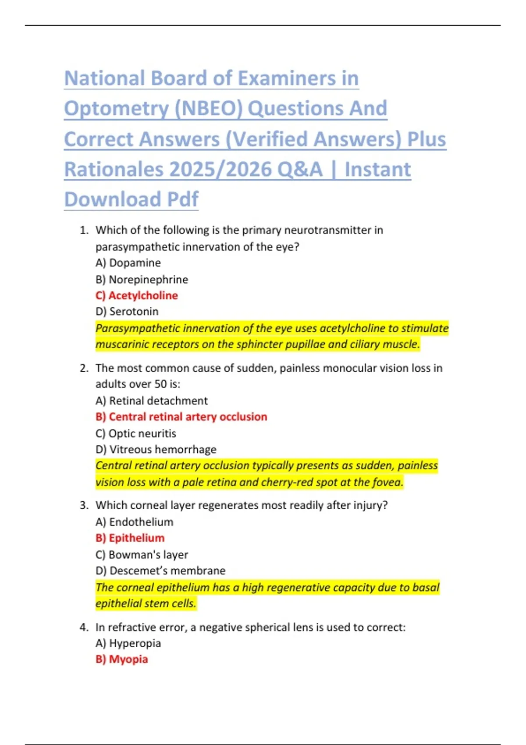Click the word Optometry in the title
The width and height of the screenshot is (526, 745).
point(116,109)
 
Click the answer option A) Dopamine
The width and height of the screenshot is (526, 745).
point(128,263)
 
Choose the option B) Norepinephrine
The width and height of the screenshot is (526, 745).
point(142,280)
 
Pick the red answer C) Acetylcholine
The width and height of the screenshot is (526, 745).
point(137,296)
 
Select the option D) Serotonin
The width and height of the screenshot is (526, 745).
point(127,312)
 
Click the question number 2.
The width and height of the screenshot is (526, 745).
point(84,368)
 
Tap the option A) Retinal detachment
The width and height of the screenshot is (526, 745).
point(152,401)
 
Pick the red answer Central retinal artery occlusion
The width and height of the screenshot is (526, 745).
point(188,417)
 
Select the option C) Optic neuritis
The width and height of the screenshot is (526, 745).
point(136,433)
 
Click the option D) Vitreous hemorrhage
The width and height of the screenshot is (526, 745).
point(156,450)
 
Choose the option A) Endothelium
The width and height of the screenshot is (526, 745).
point(135,522)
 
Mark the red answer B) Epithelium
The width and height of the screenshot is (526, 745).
point(130,538)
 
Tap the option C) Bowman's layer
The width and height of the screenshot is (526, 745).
point(142,555)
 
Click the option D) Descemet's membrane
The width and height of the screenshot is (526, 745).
point(160,571)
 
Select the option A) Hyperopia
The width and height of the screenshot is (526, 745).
point(128,643)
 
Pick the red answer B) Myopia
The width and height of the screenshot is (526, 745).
point(122,660)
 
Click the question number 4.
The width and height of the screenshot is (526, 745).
point(84,628)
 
